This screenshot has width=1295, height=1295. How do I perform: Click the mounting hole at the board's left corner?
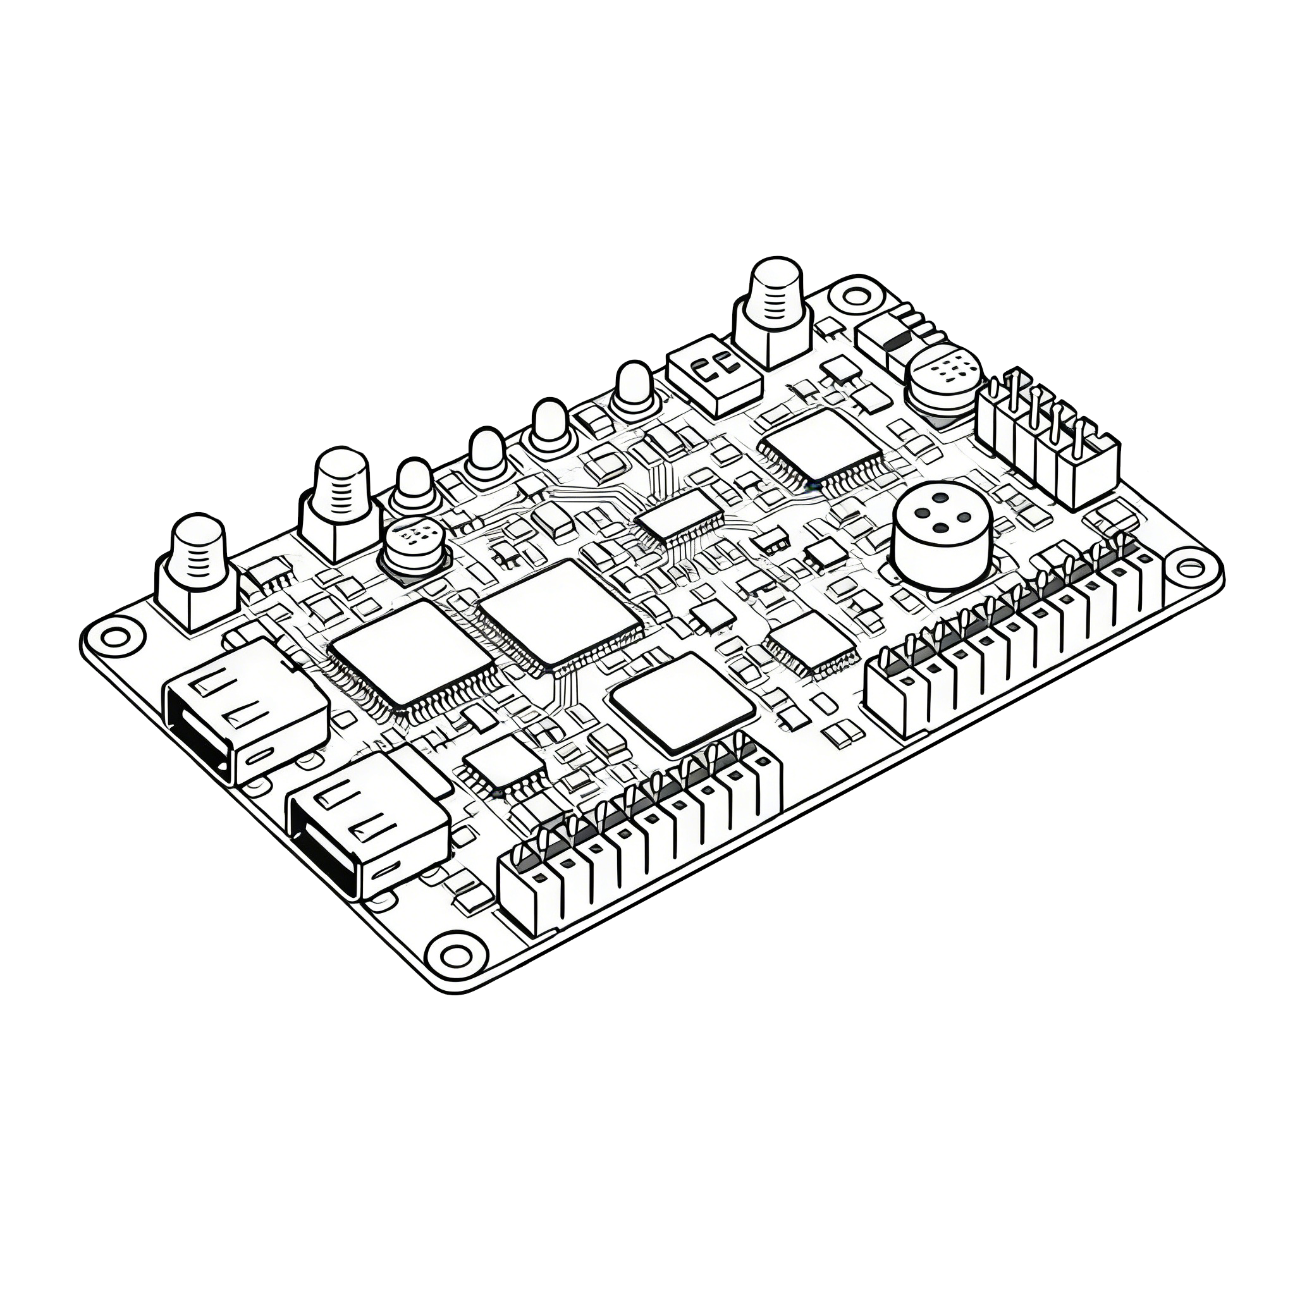pyautogui.click(x=115, y=636)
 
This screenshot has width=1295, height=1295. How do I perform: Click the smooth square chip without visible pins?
pyautogui.click(x=682, y=701)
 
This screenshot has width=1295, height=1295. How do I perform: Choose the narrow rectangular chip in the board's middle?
pyautogui.click(x=680, y=513)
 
